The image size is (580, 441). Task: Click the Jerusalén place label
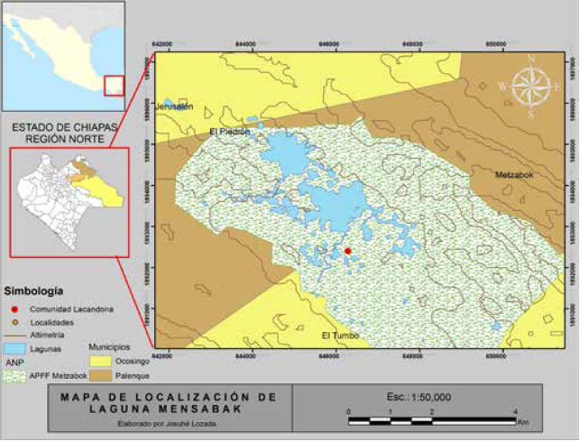[x=175, y=106]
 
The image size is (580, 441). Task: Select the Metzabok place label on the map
[x=513, y=175]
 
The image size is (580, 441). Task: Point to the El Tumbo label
[x=340, y=335]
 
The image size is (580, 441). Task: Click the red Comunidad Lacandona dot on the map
[x=348, y=251]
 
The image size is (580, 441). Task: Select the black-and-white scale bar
[x=431, y=420]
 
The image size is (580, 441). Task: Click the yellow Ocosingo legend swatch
[x=104, y=361]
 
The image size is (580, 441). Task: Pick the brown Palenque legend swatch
[x=104, y=375]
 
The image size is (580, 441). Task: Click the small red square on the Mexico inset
[x=114, y=86]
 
